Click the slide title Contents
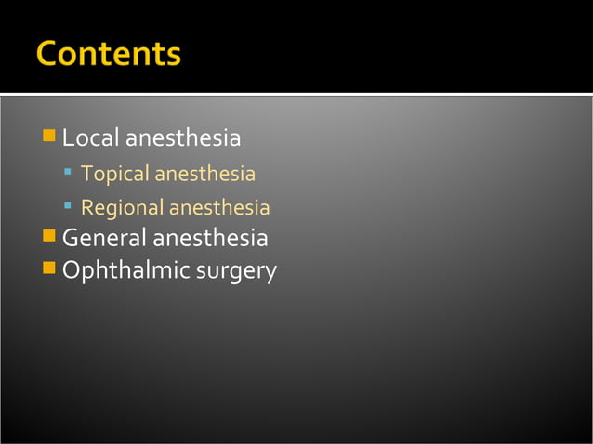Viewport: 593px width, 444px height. (x=109, y=53)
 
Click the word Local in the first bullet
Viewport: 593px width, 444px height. (x=90, y=139)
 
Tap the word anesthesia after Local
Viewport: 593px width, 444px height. (x=183, y=139)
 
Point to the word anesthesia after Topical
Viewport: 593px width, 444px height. (x=204, y=175)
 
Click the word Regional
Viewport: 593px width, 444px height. (x=122, y=208)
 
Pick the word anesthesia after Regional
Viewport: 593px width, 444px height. (x=219, y=208)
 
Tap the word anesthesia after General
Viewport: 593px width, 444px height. (x=210, y=239)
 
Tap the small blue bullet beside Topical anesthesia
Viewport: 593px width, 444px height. (x=69, y=174)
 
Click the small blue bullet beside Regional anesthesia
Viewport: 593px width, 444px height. (x=69, y=207)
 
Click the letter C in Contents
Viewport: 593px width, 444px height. (x=47, y=53)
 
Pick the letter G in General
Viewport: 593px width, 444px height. (x=71, y=239)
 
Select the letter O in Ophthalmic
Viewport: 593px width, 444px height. (x=72, y=271)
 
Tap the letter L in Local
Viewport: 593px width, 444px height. (x=68, y=139)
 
